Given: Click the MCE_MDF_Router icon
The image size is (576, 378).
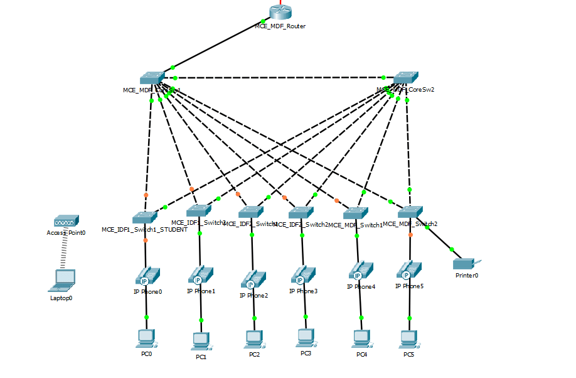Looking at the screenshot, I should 280,12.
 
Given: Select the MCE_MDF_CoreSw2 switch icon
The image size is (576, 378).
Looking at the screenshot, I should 406,77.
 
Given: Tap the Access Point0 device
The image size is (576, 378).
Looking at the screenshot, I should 66,221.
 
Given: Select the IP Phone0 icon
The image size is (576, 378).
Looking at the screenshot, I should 147,276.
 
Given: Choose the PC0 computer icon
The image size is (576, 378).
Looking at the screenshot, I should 147,338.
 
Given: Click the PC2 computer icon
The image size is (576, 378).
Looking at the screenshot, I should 254,338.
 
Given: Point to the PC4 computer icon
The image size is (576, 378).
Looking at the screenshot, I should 361,338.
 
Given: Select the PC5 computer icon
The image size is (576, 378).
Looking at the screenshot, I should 409,338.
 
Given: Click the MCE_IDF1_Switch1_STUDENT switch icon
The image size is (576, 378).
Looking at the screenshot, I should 145,217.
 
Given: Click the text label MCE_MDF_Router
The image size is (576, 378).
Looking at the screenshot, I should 280,26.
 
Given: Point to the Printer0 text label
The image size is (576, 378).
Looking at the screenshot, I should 467,275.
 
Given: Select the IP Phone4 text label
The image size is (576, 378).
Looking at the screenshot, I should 361,287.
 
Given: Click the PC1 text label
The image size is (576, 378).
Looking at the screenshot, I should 201,357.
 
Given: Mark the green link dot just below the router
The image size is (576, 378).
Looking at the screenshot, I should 263,22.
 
